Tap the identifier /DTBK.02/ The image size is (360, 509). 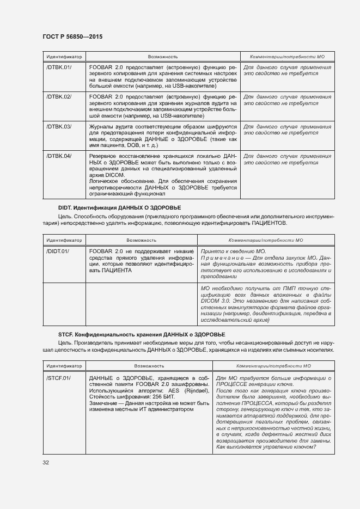pos(59,96)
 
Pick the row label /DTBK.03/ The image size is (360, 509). pos(59,126)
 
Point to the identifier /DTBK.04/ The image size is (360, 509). pos(59,156)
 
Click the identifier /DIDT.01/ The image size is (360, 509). pos(58,251)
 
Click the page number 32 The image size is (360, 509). pos(46,463)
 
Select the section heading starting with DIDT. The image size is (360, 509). pos(119,208)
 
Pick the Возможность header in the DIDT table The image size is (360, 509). pos(142,240)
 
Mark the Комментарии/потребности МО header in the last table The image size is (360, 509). pos(272,366)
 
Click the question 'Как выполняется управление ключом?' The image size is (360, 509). pos(265,447)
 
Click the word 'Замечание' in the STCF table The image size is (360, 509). pos(104,403)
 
